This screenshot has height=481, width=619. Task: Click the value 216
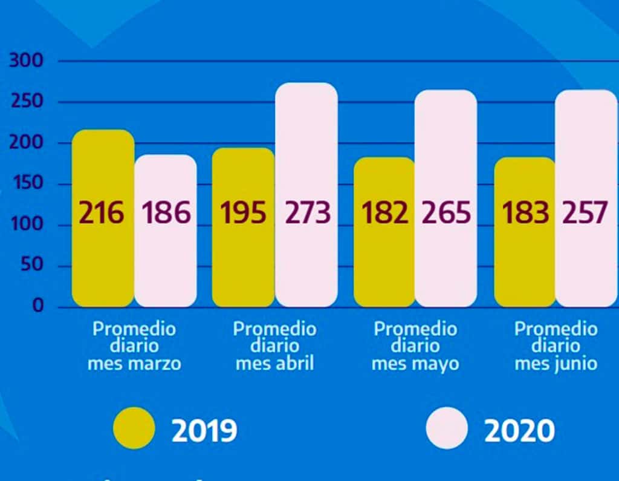102,213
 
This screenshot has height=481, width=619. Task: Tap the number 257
585,213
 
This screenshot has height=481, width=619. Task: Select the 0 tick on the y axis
38,306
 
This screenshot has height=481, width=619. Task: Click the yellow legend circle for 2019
134,429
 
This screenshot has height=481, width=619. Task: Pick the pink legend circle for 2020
447,429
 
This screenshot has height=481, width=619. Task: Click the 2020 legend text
519,431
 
